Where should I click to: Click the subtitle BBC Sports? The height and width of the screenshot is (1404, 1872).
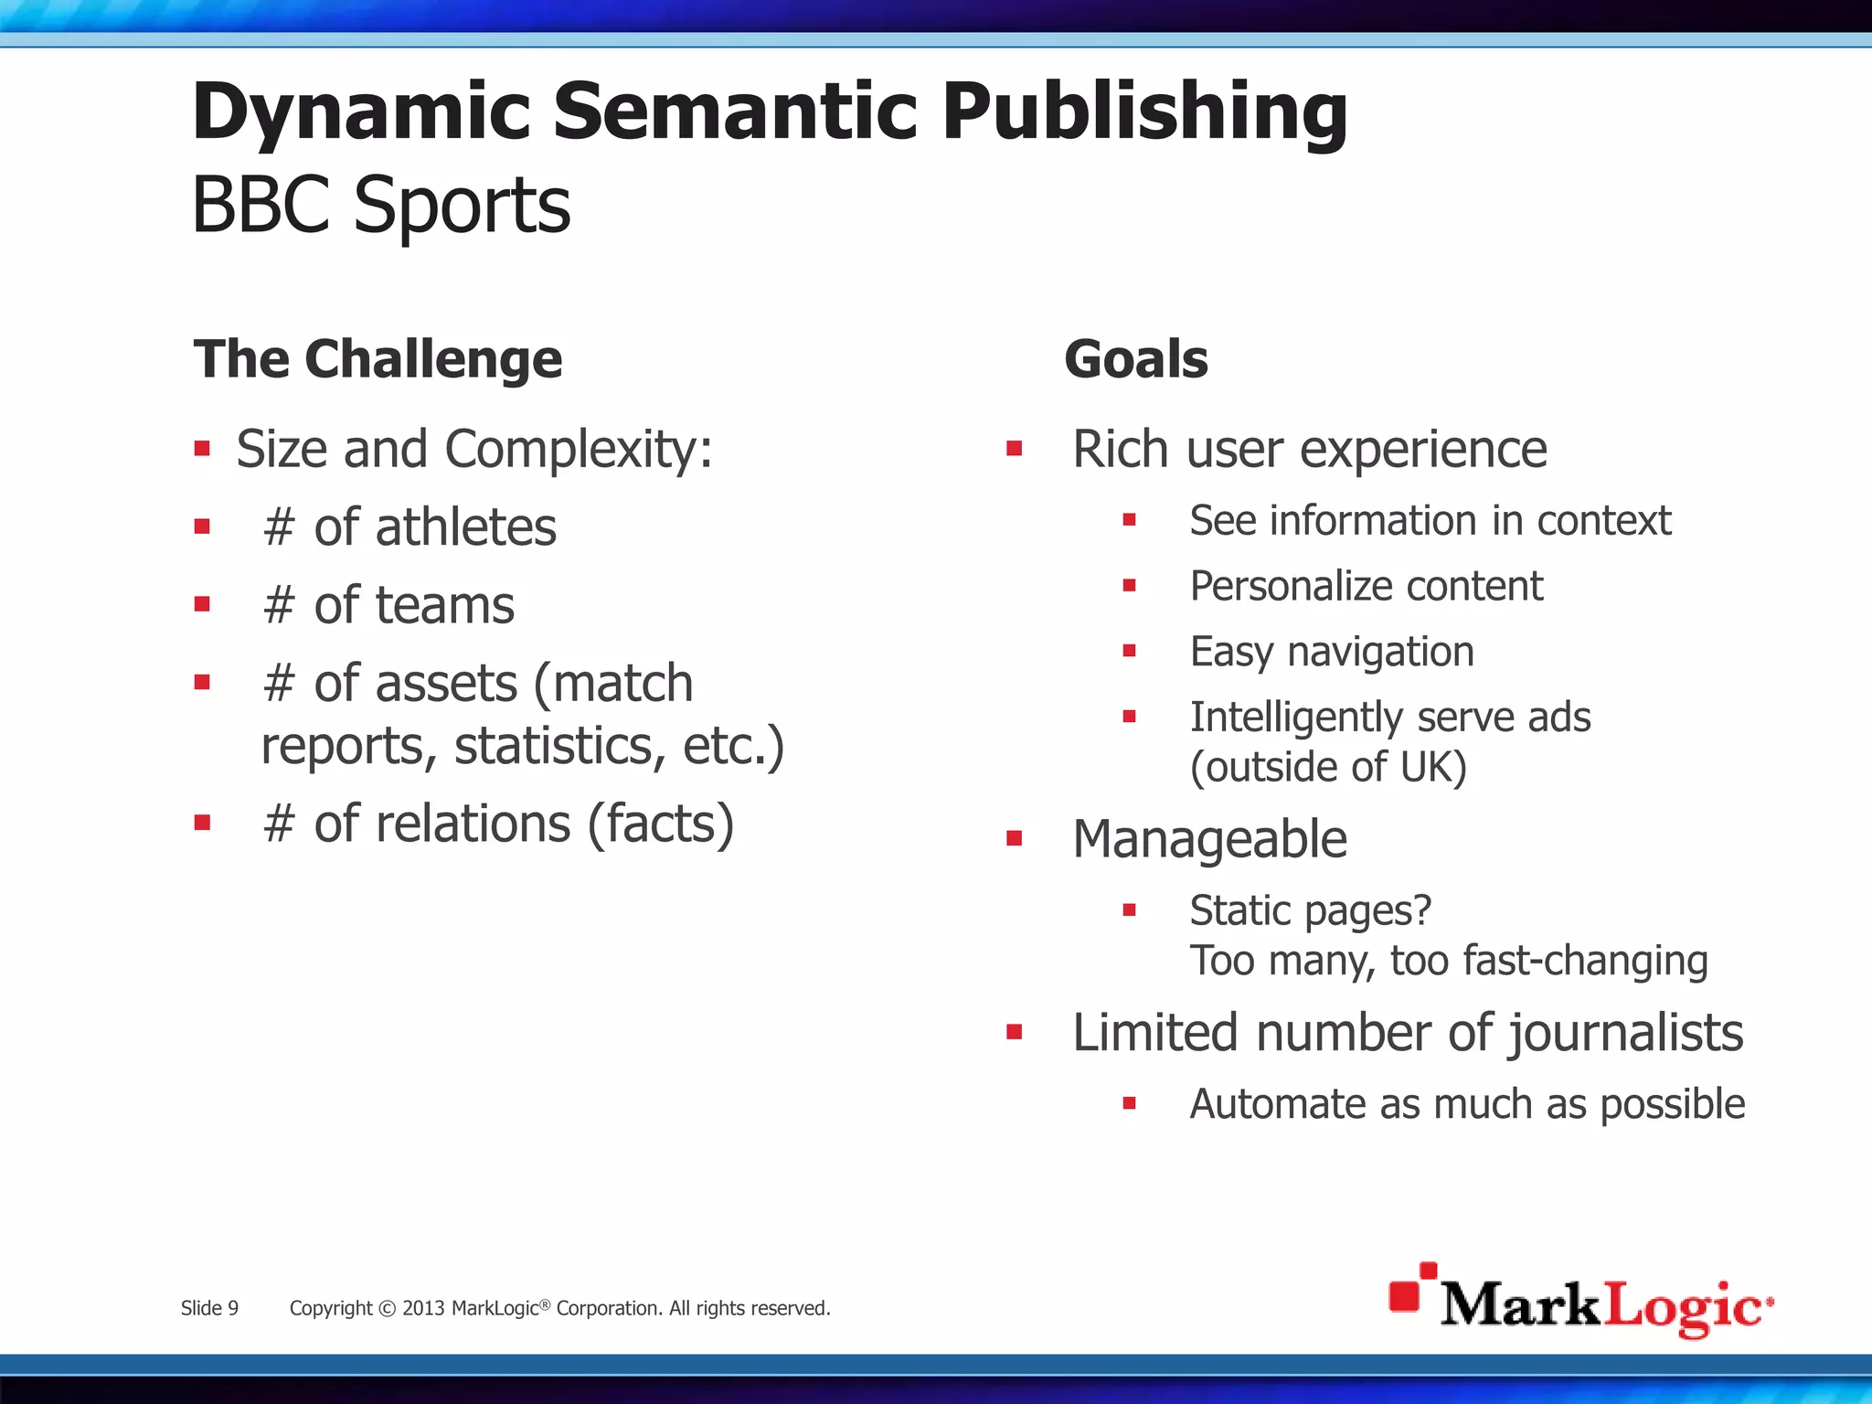[x=381, y=206]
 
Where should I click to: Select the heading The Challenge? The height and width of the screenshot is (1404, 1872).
[x=378, y=358]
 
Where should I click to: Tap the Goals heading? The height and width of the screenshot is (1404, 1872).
[x=1136, y=358]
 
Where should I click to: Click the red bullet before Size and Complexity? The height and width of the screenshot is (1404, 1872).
[x=202, y=449]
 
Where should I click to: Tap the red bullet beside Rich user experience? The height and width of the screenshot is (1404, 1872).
[x=1014, y=449]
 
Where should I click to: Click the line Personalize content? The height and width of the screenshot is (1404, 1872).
[x=1366, y=586]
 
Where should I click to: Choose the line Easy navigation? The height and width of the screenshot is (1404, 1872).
[x=1332, y=652]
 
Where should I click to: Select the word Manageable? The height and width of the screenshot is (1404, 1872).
[x=1209, y=839]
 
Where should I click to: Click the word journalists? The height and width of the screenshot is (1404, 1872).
[x=1626, y=1033]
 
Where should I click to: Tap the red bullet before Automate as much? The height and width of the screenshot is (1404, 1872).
[x=1130, y=1104]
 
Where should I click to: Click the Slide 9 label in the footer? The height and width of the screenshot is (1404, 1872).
[x=209, y=1308]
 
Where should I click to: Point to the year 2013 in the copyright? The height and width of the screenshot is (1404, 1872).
[x=423, y=1308]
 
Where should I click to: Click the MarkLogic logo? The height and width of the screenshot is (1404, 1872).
[x=1580, y=1302]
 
